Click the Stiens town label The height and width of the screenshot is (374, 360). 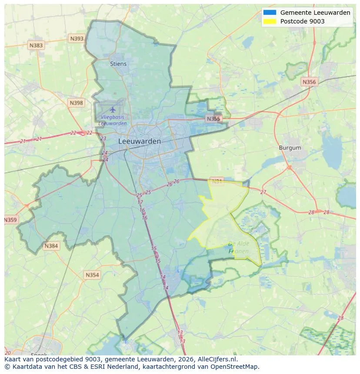[118, 64]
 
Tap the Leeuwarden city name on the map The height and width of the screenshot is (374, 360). [140, 141]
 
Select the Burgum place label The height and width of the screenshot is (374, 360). [290, 148]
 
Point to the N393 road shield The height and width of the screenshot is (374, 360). [77, 39]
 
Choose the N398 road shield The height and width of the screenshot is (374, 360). [76, 103]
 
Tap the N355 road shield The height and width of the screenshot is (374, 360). [213, 119]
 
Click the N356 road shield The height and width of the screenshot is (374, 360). [309, 82]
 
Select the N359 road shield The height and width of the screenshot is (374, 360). [10, 220]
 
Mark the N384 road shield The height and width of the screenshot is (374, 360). [51, 246]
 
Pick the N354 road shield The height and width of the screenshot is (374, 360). [92, 275]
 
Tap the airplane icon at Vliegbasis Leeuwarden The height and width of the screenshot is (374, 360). [113, 109]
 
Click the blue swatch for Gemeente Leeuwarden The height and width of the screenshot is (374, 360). [270, 13]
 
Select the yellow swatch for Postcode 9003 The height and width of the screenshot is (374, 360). [270, 21]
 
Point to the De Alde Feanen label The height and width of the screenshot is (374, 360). [239, 248]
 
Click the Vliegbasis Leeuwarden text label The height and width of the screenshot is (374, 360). [113, 120]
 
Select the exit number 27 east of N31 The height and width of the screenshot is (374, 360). [263, 192]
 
